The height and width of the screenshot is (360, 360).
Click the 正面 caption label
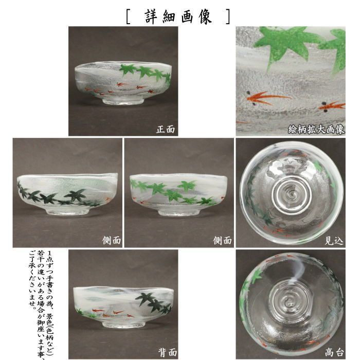(x=166, y=130)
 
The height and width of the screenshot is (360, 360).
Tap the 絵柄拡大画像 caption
(x=316, y=130)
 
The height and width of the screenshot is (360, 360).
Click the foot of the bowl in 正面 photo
(x=123, y=101)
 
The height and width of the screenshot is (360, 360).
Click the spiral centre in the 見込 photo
(x=290, y=195)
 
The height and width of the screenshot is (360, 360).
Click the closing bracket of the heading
(x=227, y=16)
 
